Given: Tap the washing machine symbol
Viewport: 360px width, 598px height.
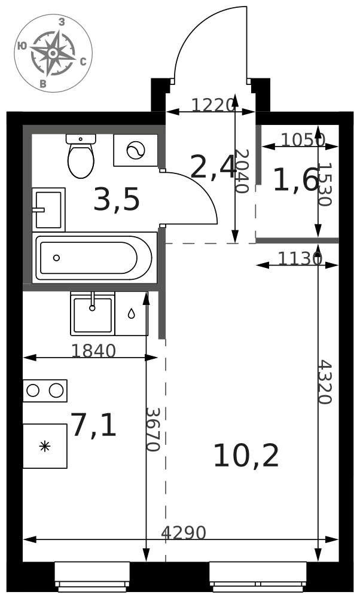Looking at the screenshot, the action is point(135,150).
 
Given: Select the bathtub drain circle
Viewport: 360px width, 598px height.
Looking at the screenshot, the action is point(56,258).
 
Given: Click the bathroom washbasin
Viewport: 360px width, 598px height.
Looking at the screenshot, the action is point(48,209).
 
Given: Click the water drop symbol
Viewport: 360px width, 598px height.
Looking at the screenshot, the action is point(131,313).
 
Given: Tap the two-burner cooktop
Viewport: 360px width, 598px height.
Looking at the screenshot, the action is point(45,390).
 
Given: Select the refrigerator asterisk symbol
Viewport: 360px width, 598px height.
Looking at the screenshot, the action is point(45,446).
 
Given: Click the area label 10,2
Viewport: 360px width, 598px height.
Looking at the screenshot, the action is point(246,456).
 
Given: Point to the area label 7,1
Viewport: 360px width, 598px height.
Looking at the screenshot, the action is point(94,425).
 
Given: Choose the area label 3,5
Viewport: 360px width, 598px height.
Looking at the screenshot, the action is point(117,199).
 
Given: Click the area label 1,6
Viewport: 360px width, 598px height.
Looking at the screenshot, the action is point(295,179).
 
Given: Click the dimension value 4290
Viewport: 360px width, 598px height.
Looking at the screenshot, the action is point(184,533).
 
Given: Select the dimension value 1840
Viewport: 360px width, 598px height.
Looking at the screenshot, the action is point(93,351).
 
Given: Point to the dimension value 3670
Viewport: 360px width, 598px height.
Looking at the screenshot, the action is point(152,429).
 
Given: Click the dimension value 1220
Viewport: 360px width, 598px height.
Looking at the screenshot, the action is point(213,105).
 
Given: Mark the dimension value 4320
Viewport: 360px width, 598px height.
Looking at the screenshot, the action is point(325,382).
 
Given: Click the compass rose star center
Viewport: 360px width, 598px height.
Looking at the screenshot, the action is point(53,53).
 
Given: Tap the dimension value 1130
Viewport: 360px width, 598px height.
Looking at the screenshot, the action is point(300,258).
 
